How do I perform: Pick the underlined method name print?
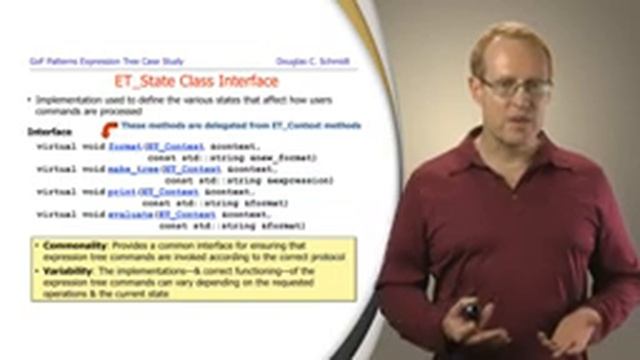[121, 191]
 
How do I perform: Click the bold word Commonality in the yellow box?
[74, 245]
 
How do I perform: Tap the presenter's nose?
[520, 100]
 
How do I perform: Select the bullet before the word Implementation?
[29, 101]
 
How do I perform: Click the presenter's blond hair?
[505, 45]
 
